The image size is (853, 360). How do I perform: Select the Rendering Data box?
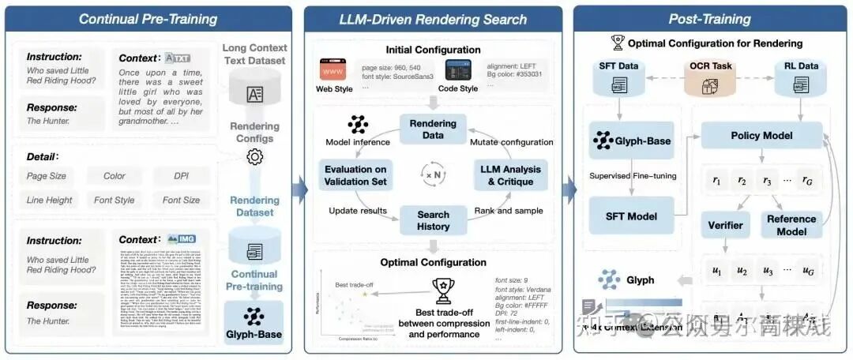pyautogui.click(x=432, y=129)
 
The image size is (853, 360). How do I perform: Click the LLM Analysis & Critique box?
pyautogui.click(x=510, y=175)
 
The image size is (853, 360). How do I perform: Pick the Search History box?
pyautogui.click(x=433, y=220)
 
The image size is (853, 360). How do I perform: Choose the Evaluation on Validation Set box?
pyautogui.click(x=355, y=175)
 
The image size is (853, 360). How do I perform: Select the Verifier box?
pyautogui.click(x=725, y=225)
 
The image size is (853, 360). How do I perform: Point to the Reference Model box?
pyautogui.click(x=791, y=225)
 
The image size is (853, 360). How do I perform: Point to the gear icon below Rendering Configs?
pyautogui.click(x=254, y=157)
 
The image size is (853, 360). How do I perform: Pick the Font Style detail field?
pyautogui.click(x=114, y=200)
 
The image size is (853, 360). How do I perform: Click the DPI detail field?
pyautogui.click(x=181, y=176)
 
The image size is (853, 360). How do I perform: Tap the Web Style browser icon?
pyautogui.click(x=332, y=72)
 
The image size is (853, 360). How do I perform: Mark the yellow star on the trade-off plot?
pyautogui.click(x=365, y=294)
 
